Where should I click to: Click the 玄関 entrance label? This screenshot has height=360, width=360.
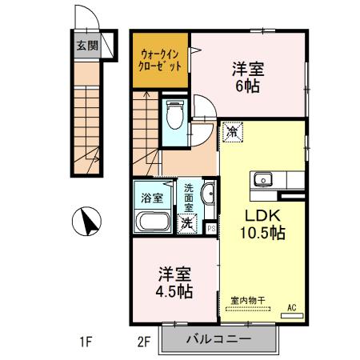[x=87, y=46]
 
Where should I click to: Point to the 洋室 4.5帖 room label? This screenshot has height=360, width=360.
[x=174, y=281]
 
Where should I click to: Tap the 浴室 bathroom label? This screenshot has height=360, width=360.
[x=152, y=196]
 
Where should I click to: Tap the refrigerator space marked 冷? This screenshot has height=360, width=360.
[x=232, y=131]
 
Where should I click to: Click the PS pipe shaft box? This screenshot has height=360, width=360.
[x=211, y=228]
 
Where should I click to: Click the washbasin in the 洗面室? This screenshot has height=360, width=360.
[x=207, y=194]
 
